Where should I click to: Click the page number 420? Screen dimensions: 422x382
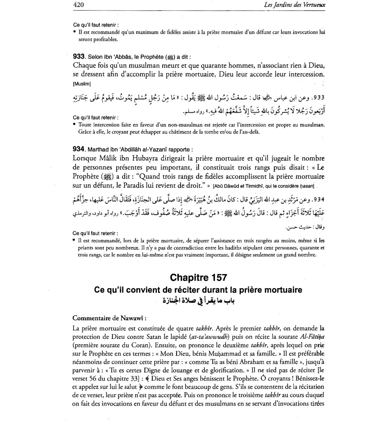[78, 4]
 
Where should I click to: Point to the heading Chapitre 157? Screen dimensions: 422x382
[198, 278]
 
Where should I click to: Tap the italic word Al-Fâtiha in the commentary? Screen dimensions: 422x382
[312, 337]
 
